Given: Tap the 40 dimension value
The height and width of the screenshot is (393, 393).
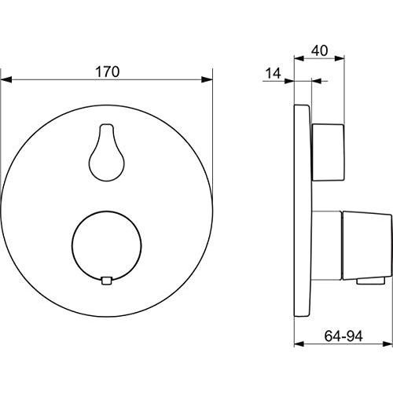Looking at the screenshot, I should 319,50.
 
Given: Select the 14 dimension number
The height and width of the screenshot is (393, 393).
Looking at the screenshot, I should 274,73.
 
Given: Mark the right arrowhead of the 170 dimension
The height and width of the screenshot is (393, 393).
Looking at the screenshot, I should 208,78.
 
